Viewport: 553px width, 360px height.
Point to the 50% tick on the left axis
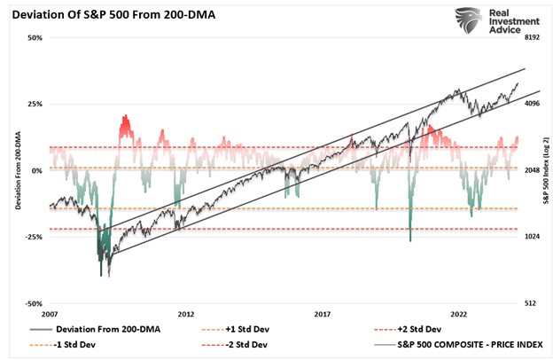(x=35, y=38)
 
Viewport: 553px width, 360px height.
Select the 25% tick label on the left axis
(x=35, y=104)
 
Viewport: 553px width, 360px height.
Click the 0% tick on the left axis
(x=37, y=170)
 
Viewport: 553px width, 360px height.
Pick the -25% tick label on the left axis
(x=34, y=237)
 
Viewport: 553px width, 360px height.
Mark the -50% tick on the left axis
(x=34, y=303)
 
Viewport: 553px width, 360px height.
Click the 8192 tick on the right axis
(x=534, y=38)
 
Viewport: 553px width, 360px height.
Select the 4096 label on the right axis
(x=534, y=104)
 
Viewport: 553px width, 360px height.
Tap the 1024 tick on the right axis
(x=534, y=237)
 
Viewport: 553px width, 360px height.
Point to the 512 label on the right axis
(x=532, y=303)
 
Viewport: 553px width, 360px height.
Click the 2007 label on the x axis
(x=50, y=315)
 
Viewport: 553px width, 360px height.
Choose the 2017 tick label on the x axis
(x=323, y=315)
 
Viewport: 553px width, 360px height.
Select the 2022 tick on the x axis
(x=459, y=315)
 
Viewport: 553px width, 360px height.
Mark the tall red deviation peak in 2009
(x=125, y=120)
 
